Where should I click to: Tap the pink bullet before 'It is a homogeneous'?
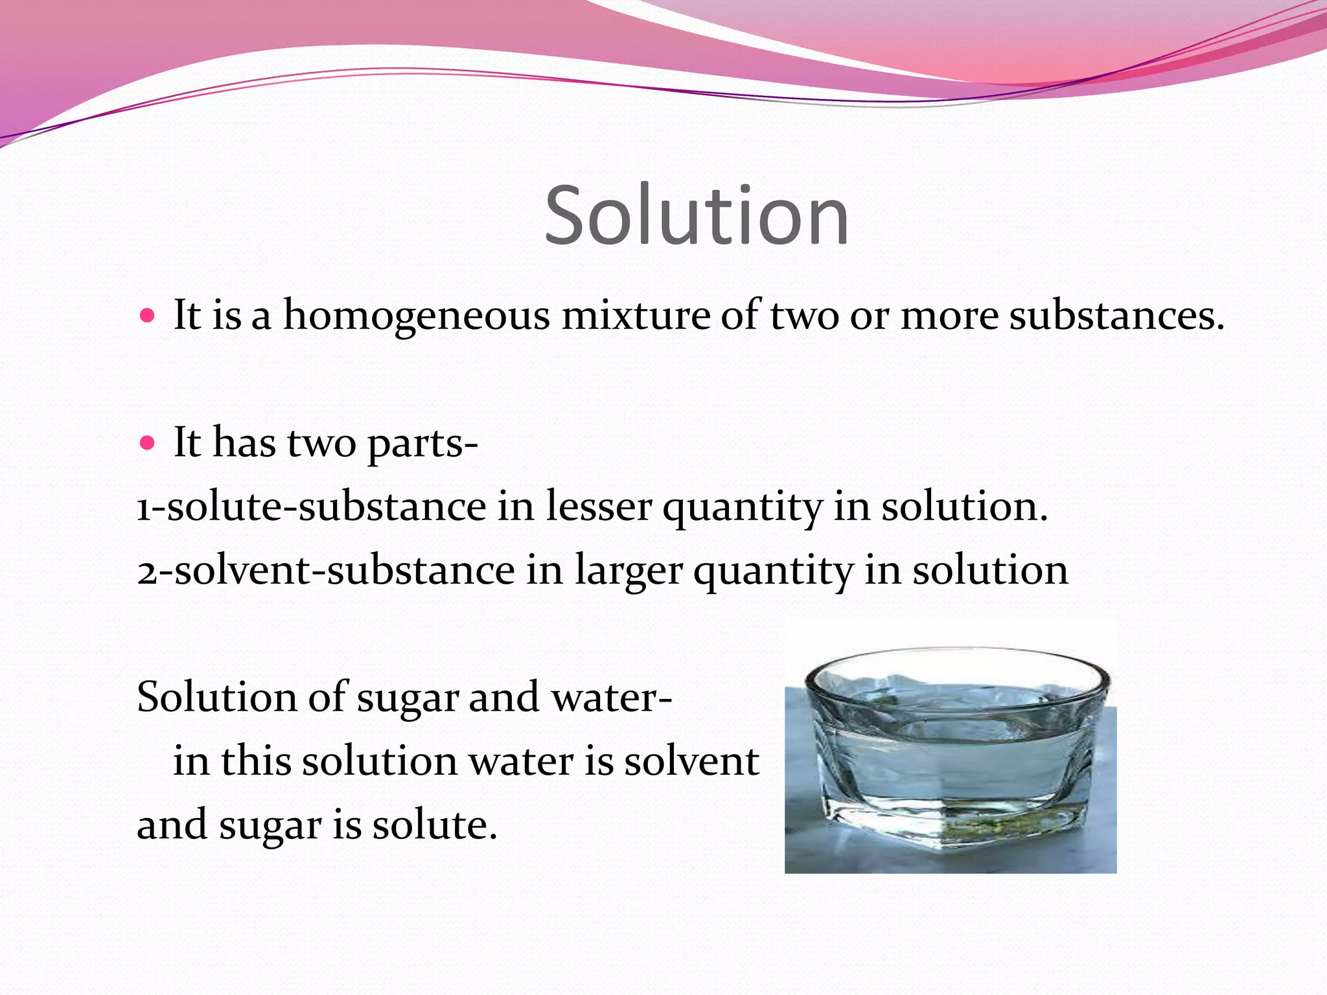[x=148, y=316]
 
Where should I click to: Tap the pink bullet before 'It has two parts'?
[x=148, y=443]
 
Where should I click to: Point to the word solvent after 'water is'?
[x=691, y=762]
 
